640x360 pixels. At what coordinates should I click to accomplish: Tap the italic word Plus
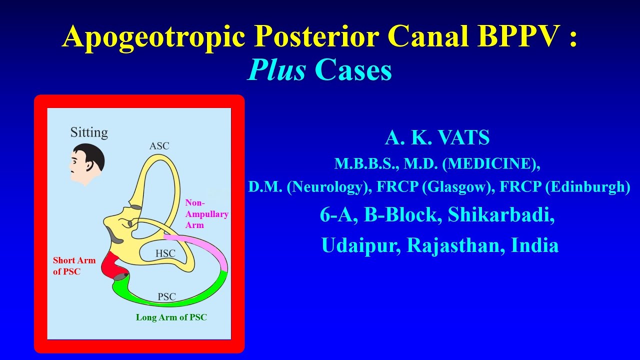tap(276, 69)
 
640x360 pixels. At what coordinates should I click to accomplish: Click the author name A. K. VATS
tap(437, 137)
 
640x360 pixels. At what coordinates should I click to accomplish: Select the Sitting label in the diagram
tap(89, 132)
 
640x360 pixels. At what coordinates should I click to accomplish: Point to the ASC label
tap(159, 146)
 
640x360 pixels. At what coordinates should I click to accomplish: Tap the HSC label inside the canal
tap(165, 253)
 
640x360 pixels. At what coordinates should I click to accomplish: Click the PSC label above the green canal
tap(166, 296)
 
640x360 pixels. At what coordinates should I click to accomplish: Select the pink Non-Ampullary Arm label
tap(206, 214)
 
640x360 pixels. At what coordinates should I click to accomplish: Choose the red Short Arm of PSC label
tap(74, 266)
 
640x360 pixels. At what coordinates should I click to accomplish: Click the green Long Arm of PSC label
tap(171, 317)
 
